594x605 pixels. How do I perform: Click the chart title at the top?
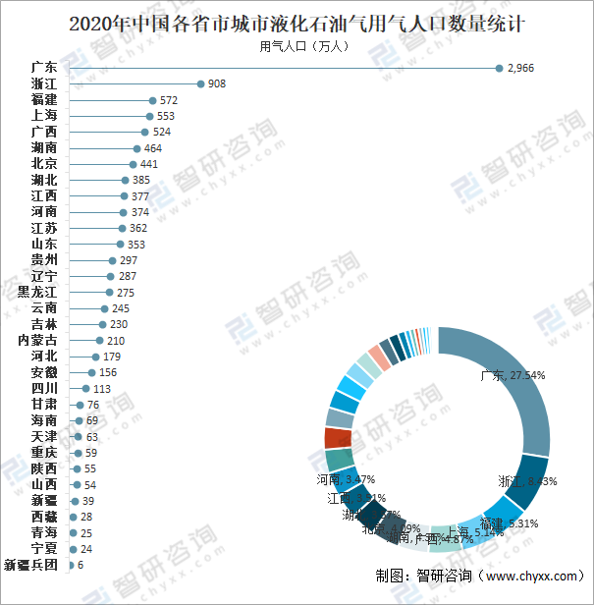click(297, 23)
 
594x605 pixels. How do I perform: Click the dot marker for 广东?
click(499, 68)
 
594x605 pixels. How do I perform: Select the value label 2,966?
click(520, 68)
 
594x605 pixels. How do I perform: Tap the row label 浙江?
click(44, 84)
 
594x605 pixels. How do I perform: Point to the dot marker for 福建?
click(152, 100)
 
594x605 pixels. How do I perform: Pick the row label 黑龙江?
click(37, 293)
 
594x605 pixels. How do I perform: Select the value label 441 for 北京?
click(149, 164)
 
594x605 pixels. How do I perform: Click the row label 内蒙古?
click(37, 341)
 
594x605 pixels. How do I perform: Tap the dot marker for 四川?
click(85, 389)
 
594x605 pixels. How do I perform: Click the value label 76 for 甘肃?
click(93, 405)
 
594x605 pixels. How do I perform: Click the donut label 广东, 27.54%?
click(513, 374)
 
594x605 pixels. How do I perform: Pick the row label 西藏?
click(44, 517)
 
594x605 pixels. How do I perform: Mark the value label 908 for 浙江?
click(216, 84)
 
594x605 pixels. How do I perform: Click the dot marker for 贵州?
click(113, 260)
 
